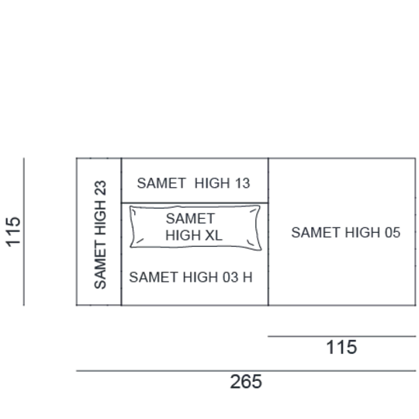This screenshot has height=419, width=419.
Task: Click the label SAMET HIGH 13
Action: click(x=193, y=183)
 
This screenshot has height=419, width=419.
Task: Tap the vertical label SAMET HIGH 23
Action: click(x=100, y=234)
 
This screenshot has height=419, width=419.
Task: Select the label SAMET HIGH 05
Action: click(x=346, y=233)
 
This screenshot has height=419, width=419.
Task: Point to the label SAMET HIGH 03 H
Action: click(x=191, y=277)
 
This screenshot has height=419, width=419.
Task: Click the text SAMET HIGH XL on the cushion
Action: click(x=194, y=227)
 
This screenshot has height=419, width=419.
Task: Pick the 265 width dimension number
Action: click(x=246, y=382)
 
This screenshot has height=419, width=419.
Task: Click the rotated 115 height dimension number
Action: click(x=13, y=232)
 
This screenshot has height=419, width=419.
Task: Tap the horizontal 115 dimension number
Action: click(x=341, y=347)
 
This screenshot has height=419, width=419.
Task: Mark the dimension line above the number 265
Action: click(x=246, y=371)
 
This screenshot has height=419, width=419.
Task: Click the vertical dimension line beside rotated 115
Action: click(x=24, y=232)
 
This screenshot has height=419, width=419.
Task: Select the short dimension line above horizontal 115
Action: click(x=341, y=336)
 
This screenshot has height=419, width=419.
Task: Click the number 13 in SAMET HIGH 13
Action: click(x=243, y=183)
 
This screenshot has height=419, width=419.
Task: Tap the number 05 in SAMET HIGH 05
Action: click(x=393, y=233)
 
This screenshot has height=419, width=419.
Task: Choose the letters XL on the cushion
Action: click(x=213, y=235)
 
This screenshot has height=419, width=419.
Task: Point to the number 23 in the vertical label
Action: click(x=100, y=188)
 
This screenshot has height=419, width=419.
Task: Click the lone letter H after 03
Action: click(x=248, y=277)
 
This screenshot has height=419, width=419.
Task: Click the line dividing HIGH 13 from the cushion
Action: click(x=195, y=203)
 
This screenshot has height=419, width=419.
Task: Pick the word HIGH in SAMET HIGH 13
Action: click(x=213, y=183)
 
